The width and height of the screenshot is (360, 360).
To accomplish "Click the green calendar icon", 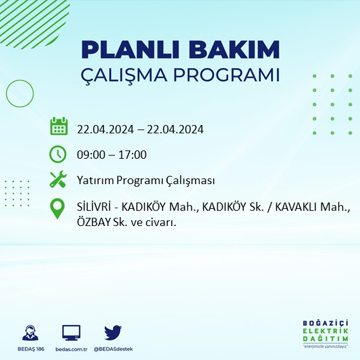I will [58, 126].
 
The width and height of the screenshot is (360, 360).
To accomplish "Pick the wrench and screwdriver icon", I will [58, 180].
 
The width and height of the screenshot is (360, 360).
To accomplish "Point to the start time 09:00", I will [91, 154].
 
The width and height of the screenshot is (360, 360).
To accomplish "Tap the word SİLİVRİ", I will [95, 208].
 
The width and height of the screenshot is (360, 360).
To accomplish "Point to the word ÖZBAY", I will [94, 222].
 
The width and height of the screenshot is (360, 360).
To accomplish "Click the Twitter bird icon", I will [113, 332].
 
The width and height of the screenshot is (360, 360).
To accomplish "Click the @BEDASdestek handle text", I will [114, 349].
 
